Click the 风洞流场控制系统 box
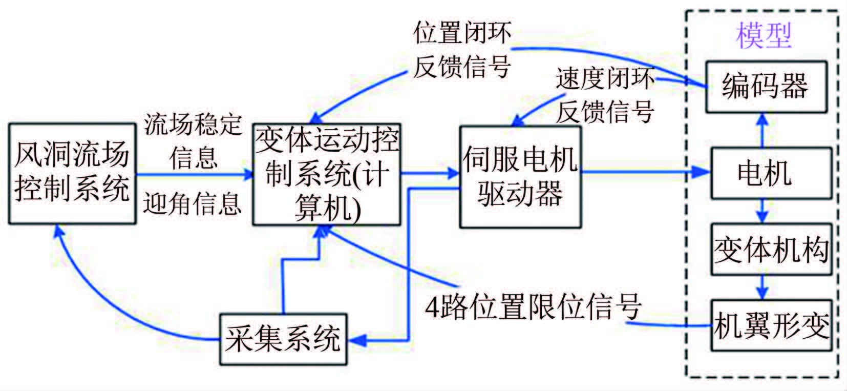pos(72,174)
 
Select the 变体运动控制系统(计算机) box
pos(327,174)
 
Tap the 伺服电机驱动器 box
pos(520,177)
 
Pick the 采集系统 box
pos(283,339)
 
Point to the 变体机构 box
pos(771,250)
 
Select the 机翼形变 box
pos(771,325)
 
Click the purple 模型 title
pos(764,36)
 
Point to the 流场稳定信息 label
pos(193,140)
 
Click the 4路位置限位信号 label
pos(533,306)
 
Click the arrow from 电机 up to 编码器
pos(763,130)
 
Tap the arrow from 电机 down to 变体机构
pos(763,211)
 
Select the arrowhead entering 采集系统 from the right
pos(355,339)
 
